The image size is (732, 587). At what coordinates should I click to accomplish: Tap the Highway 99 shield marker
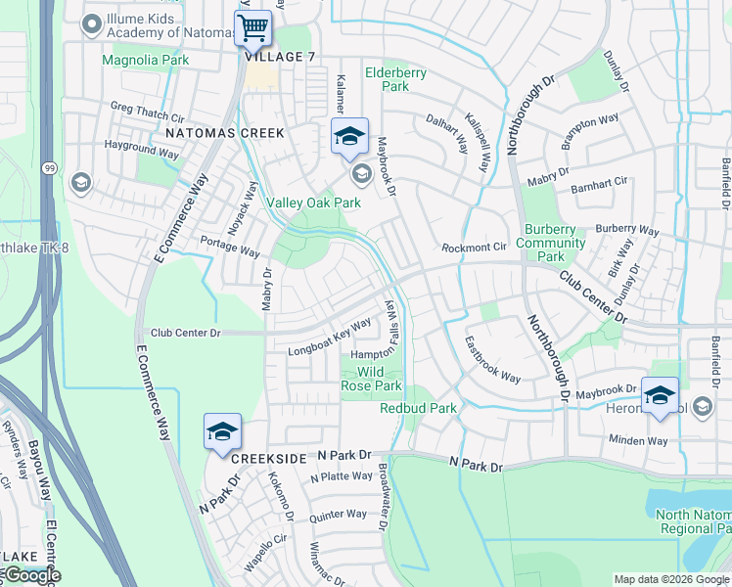click(x=49, y=168)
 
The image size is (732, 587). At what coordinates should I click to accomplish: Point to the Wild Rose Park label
click(x=370, y=379)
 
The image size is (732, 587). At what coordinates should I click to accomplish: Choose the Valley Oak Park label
click(x=314, y=203)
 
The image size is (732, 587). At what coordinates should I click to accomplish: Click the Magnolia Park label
click(x=146, y=60)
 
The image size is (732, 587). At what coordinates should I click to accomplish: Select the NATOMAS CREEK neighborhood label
click(x=224, y=132)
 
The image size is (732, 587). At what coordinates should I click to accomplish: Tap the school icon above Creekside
click(x=222, y=431)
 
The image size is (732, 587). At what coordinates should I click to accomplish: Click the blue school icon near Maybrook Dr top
click(x=349, y=137)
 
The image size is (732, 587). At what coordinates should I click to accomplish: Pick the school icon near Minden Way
click(x=660, y=395)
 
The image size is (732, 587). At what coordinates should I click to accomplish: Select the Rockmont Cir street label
click(x=475, y=248)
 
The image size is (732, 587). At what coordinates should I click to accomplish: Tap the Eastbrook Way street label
click(x=491, y=359)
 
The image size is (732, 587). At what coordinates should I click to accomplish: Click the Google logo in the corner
click(x=31, y=575)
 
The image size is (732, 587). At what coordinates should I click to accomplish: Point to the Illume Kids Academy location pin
click(x=92, y=24)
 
